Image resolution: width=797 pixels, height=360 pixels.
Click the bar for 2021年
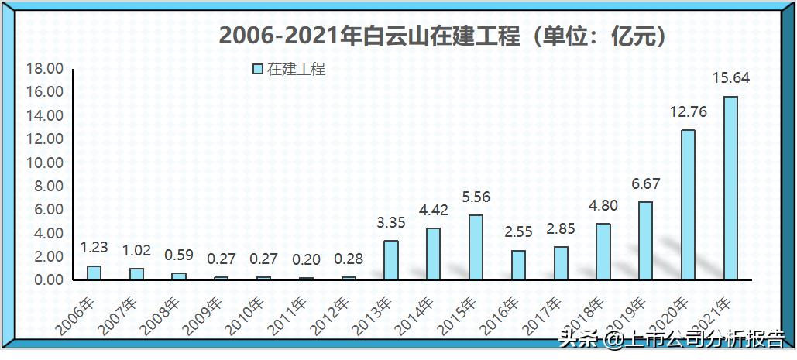[x=730, y=188]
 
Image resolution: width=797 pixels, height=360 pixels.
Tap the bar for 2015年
[x=475, y=247]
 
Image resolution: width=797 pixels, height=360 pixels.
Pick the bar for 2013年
[x=390, y=260]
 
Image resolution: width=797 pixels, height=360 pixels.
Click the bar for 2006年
[x=94, y=273]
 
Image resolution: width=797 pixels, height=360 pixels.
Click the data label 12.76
[x=688, y=111]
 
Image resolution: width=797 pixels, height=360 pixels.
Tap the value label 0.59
[x=178, y=255]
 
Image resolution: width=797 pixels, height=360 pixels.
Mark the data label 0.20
[x=306, y=259]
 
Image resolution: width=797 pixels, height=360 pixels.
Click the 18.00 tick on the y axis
[x=44, y=69]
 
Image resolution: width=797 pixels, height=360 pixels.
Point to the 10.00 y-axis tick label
[x=44, y=163]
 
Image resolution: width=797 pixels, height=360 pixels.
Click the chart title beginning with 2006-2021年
[x=441, y=36]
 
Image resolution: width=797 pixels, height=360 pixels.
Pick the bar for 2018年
[x=603, y=252]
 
